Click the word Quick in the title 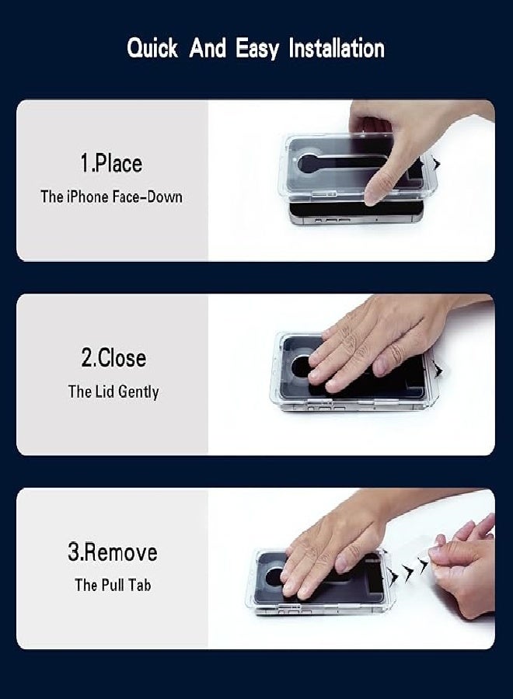click(152, 48)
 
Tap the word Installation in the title click(337, 47)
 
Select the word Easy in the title click(257, 49)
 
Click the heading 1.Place click(111, 163)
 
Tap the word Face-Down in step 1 click(147, 196)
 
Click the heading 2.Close click(113, 358)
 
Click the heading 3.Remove click(113, 552)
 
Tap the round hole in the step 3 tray click(274, 578)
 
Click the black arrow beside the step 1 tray click(437, 164)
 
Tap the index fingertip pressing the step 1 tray click(372, 196)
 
